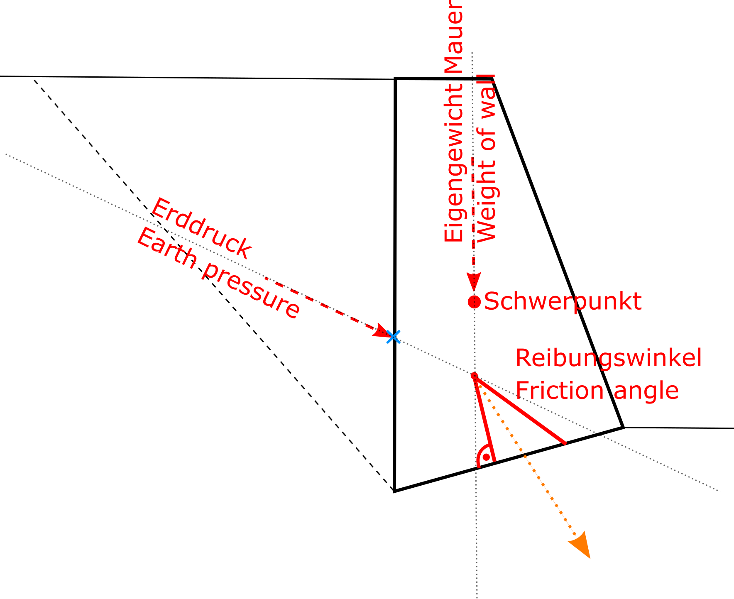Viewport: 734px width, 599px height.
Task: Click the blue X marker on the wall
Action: coord(393,337)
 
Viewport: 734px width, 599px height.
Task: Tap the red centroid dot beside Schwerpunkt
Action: coord(474,302)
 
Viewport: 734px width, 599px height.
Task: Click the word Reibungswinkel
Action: coord(609,357)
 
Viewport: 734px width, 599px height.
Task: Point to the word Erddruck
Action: coord(201,228)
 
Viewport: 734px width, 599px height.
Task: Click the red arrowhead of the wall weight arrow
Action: coord(474,281)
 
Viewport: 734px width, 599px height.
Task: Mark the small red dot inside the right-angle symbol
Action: coord(487,457)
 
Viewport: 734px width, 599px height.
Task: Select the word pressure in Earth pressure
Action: coord(252,291)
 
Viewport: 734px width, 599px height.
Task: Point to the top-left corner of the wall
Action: coord(396,78)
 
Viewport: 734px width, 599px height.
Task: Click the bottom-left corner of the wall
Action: coord(394,491)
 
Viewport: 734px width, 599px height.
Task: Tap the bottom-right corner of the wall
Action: coord(623,427)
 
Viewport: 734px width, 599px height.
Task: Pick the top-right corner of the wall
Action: coord(492,78)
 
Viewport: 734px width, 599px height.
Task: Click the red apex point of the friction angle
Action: coord(474,376)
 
